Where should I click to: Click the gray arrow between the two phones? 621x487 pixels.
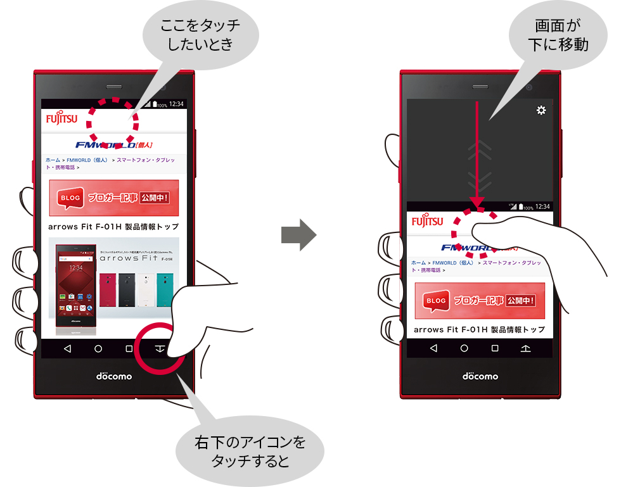[298, 235]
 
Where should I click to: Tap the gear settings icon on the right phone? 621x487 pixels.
[541, 111]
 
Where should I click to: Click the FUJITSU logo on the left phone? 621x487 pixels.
[61, 118]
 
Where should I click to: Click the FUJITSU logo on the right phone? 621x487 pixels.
[428, 221]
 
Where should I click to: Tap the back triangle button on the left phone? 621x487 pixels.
[67, 349]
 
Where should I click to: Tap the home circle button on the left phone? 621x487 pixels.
[98, 349]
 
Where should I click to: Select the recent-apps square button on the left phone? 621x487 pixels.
[129, 349]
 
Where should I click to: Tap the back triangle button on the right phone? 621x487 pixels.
[433, 348]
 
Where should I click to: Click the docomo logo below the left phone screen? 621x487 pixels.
[114, 376]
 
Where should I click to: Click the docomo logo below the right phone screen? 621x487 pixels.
[480, 376]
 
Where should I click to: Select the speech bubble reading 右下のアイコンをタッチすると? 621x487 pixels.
[249, 450]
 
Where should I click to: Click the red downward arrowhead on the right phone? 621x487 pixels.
[477, 203]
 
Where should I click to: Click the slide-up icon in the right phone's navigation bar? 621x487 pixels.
[526, 348]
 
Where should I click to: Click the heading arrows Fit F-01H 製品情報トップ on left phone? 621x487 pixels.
[113, 227]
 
